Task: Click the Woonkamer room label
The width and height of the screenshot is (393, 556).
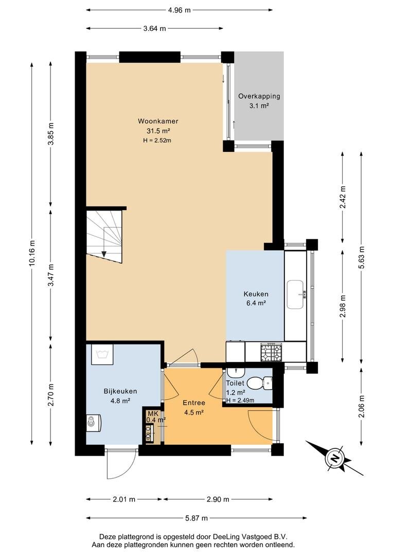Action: click(x=158, y=121)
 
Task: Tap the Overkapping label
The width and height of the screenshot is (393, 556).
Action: click(x=259, y=96)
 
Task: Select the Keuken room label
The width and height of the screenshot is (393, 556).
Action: click(x=256, y=294)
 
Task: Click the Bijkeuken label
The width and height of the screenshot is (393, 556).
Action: click(x=120, y=391)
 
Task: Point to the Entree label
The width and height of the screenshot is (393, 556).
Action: click(x=194, y=403)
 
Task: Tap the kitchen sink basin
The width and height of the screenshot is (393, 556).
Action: click(x=295, y=294)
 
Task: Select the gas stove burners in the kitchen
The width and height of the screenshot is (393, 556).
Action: click(x=272, y=353)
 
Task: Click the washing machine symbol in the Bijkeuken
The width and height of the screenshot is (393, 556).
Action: click(x=102, y=354)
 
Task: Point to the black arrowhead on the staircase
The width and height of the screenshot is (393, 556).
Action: click(x=104, y=254)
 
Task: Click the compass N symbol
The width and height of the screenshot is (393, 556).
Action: click(x=334, y=459)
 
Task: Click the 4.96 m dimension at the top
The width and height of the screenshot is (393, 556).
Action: click(x=180, y=10)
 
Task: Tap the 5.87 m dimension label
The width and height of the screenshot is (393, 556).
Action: click(x=196, y=518)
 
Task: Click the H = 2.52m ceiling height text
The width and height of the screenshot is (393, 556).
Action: click(x=157, y=141)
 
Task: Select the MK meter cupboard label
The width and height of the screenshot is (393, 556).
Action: click(x=153, y=413)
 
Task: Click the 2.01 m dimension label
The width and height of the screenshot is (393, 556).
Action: click(x=124, y=499)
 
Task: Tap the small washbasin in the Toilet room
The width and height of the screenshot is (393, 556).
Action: click(x=235, y=372)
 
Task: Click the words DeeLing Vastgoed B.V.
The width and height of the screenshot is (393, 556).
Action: click(x=250, y=536)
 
